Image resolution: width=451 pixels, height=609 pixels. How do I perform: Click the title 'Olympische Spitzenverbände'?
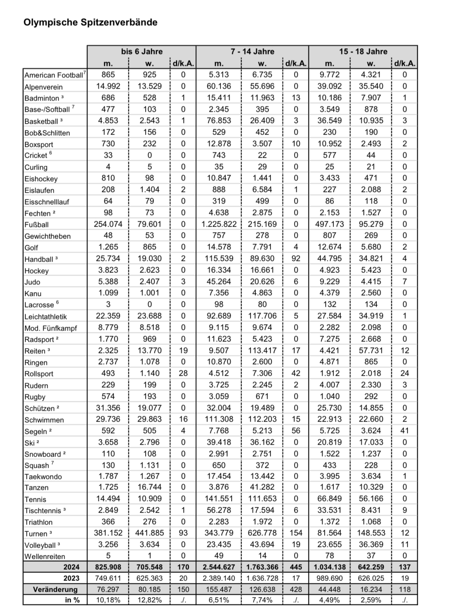point(90,22)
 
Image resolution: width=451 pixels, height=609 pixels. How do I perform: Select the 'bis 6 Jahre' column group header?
point(142,51)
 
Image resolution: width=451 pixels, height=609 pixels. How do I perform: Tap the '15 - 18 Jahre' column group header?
point(363,51)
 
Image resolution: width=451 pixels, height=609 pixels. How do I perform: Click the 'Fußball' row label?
point(36,225)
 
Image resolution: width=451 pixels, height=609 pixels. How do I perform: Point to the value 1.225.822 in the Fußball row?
point(219,224)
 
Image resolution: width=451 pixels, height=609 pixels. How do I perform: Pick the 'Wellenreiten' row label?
point(45,556)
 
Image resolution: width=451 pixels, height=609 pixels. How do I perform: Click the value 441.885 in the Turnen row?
point(149,533)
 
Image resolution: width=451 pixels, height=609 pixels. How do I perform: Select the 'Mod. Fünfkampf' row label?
point(50,328)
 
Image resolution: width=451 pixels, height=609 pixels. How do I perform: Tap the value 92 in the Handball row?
point(296,259)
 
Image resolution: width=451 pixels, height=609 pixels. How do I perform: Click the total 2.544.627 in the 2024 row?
point(219,567)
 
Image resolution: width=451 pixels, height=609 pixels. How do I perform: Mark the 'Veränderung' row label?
point(55,589)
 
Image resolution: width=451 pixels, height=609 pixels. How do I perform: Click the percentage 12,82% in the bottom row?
point(149,600)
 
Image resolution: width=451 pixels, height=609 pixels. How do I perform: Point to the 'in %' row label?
point(72,600)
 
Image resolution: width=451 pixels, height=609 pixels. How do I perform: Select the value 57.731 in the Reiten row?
point(371,350)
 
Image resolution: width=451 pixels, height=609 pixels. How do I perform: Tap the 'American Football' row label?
point(54,75)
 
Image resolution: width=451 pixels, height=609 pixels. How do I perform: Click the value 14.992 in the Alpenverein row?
point(108,86)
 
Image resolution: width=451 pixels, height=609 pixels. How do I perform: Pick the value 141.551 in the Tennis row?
point(219,498)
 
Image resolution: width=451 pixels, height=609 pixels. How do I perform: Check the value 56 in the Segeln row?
point(296,430)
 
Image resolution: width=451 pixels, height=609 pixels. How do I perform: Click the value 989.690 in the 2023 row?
point(329,578)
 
